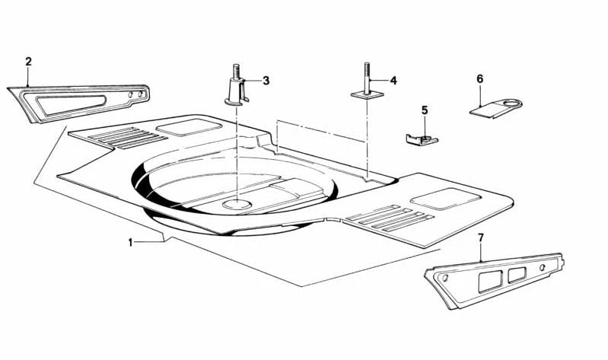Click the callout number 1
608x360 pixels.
(131, 243)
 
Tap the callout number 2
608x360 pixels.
(28, 62)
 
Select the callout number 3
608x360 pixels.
(266, 81)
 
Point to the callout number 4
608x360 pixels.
(393, 81)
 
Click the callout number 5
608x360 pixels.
(425, 110)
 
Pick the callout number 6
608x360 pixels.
(480, 78)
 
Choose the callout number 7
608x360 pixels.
(481, 237)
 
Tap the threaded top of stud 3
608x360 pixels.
(236, 71)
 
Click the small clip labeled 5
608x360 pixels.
(422, 139)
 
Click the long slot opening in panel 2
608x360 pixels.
(71, 101)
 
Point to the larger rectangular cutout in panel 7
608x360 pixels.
(490, 281)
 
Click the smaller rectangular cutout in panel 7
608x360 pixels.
(517, 274)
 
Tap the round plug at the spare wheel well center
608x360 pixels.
(236, 205)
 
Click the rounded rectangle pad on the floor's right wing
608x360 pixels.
(445, 199)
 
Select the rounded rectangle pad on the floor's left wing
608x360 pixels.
(189, 127)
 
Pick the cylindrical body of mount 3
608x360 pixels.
(236, 89)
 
